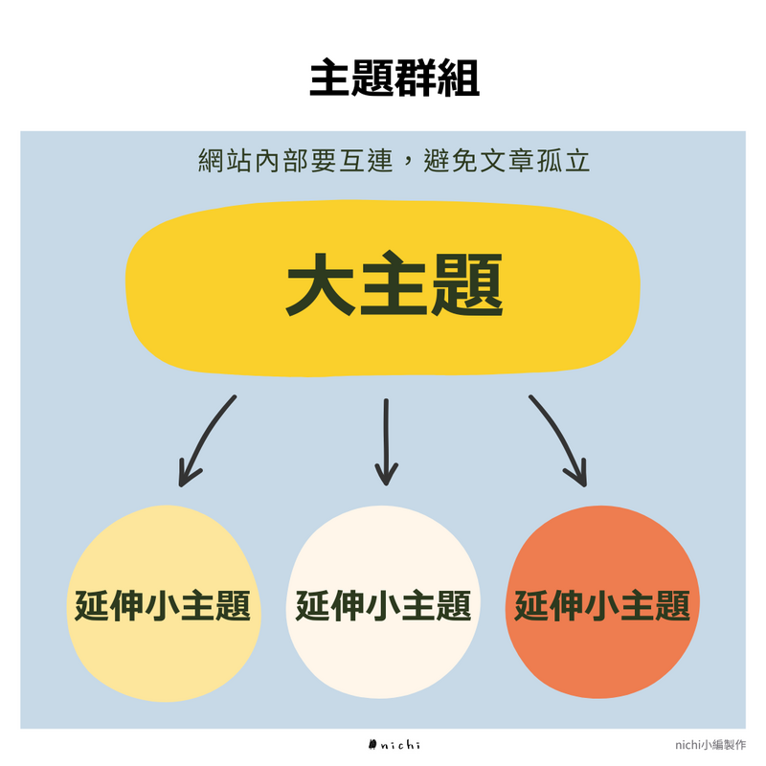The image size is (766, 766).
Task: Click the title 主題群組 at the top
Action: click(x=394, y=80)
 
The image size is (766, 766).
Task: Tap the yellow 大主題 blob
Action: click(x=383, y=287)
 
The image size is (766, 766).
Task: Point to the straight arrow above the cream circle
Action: click(x=386, y=440)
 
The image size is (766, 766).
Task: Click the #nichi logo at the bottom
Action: click(x=394, y=745)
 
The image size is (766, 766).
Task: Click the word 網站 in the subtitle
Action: click(x=223, y=161)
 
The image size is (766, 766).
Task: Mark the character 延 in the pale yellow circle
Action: click(x=93, y=605)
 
